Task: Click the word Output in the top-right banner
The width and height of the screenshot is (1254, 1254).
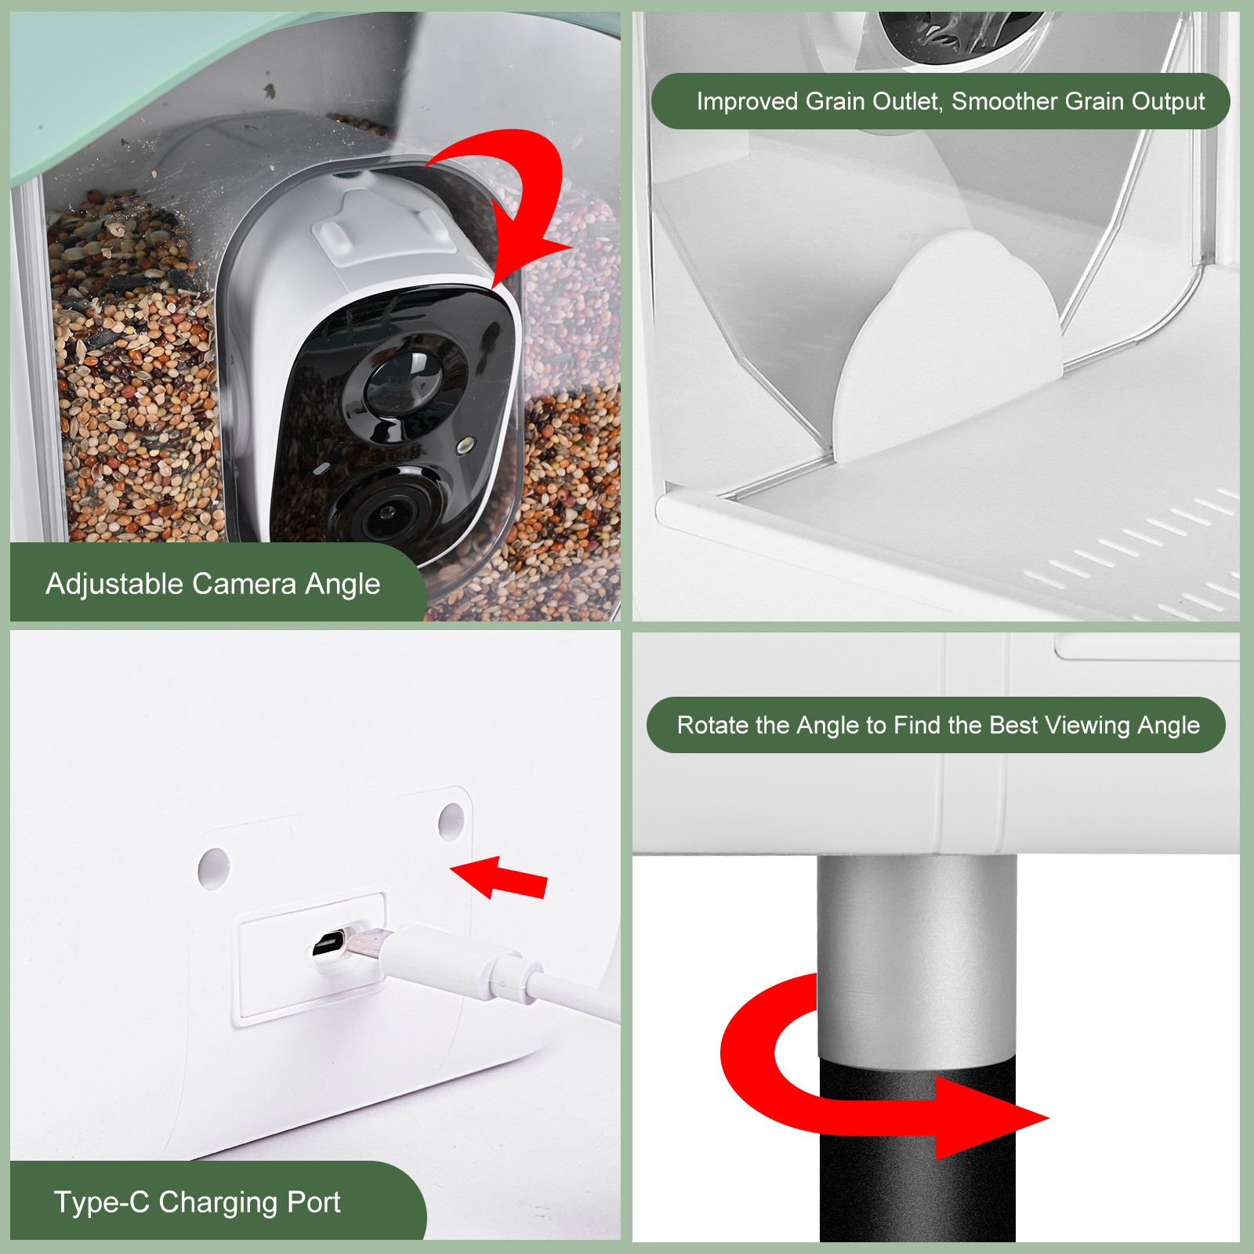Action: point(1168,102)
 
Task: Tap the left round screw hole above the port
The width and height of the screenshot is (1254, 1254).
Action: point(213,867)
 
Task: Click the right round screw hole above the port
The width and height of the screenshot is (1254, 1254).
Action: point(451,821)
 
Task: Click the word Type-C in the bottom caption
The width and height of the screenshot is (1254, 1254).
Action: point(101,1202)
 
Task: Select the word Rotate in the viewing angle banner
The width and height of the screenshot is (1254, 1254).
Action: point(712,726)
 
